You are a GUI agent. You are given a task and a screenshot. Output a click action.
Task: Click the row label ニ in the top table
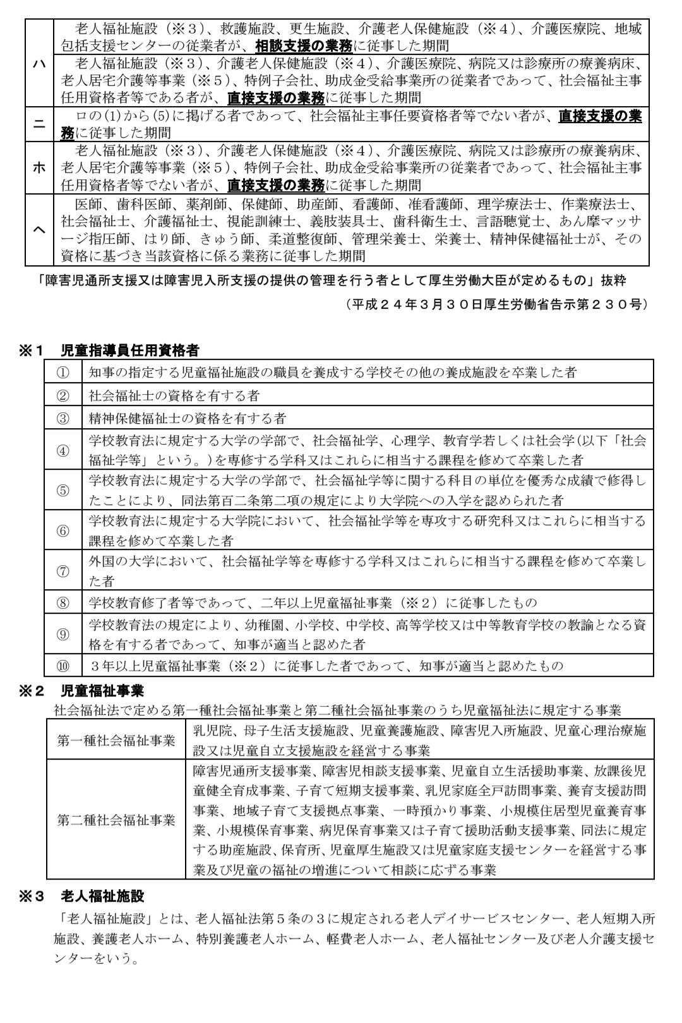[x=39, y=124]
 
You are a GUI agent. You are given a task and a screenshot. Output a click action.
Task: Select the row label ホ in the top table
[x=39, y=168]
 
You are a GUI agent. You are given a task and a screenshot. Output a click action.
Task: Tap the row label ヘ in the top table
[x=39, y=230]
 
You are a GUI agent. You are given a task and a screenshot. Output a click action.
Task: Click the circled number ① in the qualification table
[x=63, y=373]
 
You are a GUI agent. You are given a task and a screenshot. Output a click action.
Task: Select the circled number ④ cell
[x=63, y=450]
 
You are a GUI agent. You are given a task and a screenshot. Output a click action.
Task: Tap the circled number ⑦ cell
[x=63, y=571]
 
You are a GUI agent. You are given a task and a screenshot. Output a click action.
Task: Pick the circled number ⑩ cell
[x=63, y=666]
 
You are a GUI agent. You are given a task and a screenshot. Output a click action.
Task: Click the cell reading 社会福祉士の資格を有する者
[x=174, y=396]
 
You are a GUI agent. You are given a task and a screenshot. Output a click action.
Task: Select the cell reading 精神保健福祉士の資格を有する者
[x=188, y=418]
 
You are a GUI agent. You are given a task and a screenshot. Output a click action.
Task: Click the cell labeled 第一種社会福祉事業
[x=117, y=741]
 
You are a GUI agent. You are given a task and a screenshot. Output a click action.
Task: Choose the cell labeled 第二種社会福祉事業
[x=117, y=820]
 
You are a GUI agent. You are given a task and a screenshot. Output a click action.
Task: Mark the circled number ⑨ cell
[x=63, y=635]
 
